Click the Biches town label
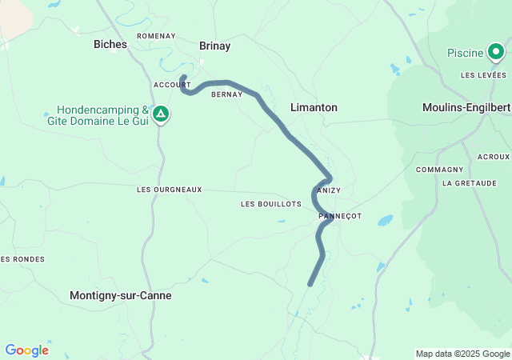[x=110, y=45]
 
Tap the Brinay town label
[x=214, y=46]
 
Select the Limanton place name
[x=314, y=107]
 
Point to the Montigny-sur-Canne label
[x=121, y=295]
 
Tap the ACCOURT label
[x=172, y=84]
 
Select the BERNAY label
[x=226, y=94]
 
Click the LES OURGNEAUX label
[x=170, y=190]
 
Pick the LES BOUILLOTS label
[x=270, y=204]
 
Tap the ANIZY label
[x=329, y=190]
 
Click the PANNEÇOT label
[x=340, y=217]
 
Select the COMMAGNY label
[x=439, y=170]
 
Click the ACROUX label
[x=493, y=157]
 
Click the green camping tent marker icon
[x=161, y=114]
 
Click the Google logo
[x=26, y=350]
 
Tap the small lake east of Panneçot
[x=386, y=219]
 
